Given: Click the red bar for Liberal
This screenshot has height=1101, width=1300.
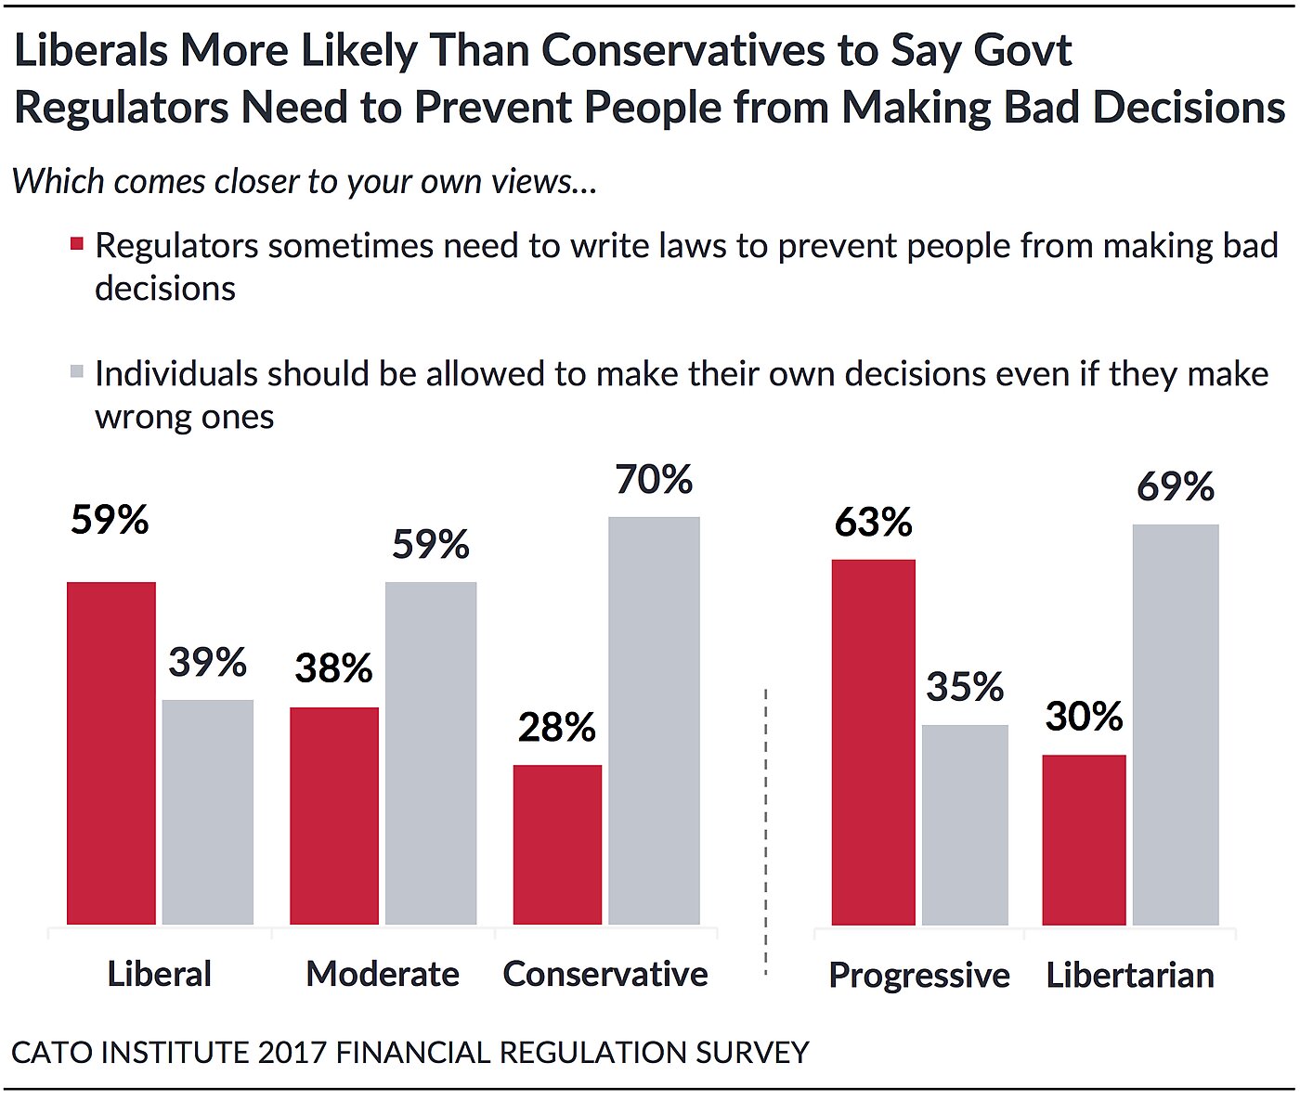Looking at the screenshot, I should click(x=111, y=753).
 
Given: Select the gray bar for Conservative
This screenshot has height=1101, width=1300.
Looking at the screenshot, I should click(x=654, y=720).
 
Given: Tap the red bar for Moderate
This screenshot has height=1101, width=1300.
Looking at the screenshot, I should click(x=334, y=815).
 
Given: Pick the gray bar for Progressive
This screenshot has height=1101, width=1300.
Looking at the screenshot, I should click(x=965, y=824).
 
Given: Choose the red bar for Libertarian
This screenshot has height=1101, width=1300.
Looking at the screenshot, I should click(x=1084, y=839).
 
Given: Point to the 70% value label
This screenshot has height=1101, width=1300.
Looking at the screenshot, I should click(x=654, y=480).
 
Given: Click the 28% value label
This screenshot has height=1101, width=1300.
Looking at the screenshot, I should click(x=557, y=728).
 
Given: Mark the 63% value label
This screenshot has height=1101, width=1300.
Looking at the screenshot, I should click(x=873, y=523).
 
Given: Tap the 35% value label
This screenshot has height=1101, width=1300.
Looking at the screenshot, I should click(x=965, y=687).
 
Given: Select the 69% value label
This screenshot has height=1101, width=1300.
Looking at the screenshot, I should click(x=1176, y=487).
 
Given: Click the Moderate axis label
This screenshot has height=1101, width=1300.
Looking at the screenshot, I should click(x=383, y=974).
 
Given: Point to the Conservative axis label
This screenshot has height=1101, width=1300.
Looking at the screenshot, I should click(x=605, y=974).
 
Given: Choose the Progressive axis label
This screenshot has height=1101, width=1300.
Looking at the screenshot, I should click(x=919, y=975).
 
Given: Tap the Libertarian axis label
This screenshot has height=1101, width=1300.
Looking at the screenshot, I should click(x=1130, y=975).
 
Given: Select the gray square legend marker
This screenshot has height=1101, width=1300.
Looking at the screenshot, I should click(x=77, y=372).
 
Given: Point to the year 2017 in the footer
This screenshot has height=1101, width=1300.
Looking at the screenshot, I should click(x=292, y=1053).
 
